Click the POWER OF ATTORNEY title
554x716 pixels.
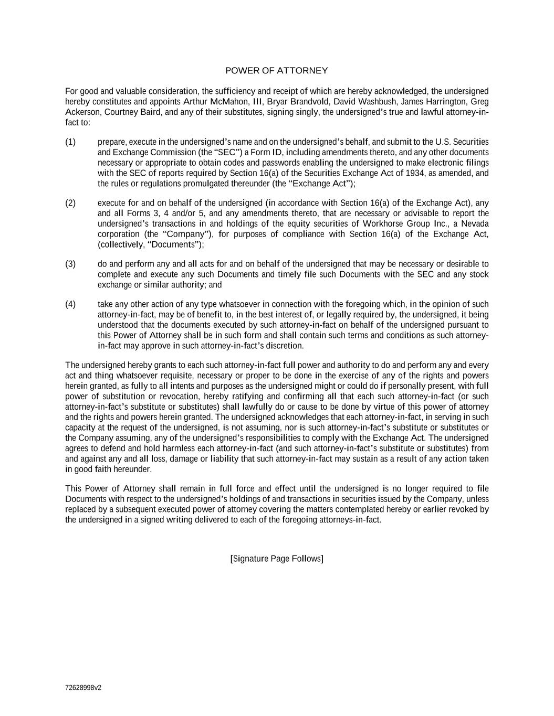point(277,70)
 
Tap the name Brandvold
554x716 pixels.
point(310,101)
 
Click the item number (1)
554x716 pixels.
point(70,142)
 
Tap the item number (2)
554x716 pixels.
point(70,203)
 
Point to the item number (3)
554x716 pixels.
point(70,264)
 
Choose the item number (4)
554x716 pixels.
point(70,304)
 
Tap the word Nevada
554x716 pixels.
point(475,223)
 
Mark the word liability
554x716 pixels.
point(224,458)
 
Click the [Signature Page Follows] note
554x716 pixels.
point(277,559)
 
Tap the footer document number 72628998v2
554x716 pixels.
point(83,688)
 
